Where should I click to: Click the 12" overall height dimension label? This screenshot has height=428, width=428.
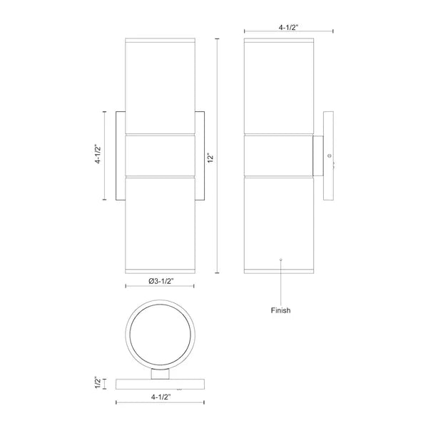pyautogui.click(x=210, y=158)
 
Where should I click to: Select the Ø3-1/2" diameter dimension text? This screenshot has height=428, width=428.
pyautogui.click(x=161, y=281)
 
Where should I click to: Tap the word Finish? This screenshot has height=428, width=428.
pyautogui.click(x=280, y=310)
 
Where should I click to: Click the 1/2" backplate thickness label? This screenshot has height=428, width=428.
pyautogui.click(x=98, y=383)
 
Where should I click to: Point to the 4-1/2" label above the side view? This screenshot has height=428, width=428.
pyautogui.click(x=288, y=27)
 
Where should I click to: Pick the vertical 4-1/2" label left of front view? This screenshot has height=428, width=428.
pyautogui.click(x=98, y=153)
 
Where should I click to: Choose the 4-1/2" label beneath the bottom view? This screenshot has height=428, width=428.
pyautogui.click(x=160, y=397)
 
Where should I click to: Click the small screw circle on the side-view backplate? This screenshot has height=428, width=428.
pyautogui.click(x=329, y=156)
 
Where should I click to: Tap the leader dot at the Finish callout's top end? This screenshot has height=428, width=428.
pyautogui.click(x=281, y=259)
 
